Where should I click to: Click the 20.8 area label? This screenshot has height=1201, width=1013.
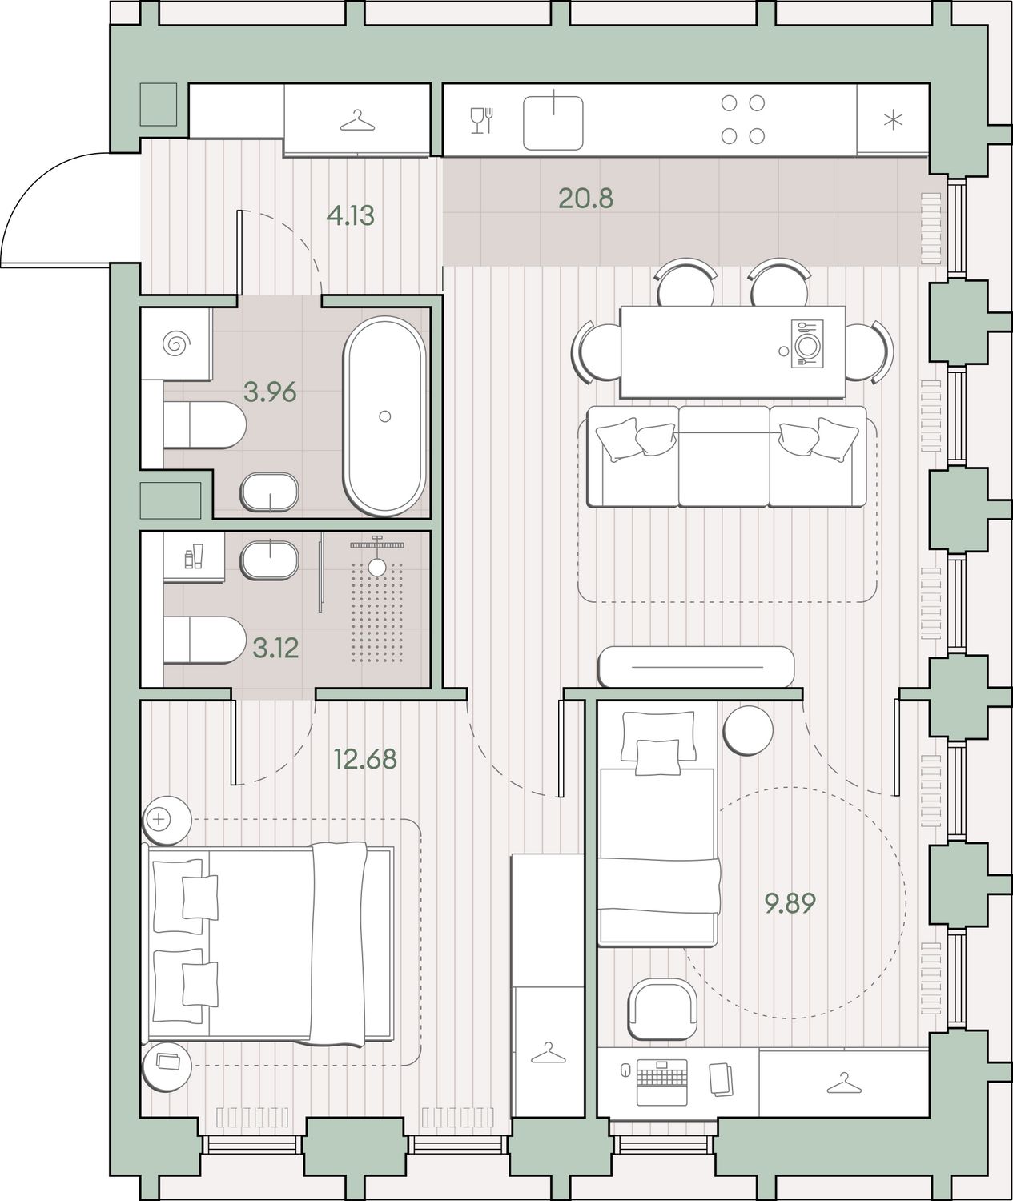(585, 199)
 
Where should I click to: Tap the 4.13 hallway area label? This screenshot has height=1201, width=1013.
(350, 215)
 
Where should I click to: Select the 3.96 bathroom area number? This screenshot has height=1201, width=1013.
(270, 392)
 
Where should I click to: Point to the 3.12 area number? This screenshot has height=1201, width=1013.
(275, 649)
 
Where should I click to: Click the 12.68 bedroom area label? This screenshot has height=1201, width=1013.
(365, 759)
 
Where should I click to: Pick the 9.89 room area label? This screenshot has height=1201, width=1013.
(790, 904)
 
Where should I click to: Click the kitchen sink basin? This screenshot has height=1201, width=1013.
(553, 123)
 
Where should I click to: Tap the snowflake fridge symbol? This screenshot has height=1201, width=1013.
(893, 120)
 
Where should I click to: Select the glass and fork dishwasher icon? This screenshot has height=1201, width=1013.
(482, 120)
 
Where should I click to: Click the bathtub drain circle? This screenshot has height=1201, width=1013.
(385, 416)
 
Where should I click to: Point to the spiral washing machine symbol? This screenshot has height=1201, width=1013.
(176, 344)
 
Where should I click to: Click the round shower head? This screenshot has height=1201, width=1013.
(377, 568)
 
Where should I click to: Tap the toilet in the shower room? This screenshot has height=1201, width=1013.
(204, 641)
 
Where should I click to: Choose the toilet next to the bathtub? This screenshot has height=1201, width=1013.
(204, 426)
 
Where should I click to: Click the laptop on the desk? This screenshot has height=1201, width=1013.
(662, 1082)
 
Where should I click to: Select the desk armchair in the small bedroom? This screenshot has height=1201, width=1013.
(662, 1010)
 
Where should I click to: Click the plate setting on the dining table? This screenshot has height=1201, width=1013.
(807, 343)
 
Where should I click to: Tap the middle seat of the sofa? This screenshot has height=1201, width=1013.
(724, 456)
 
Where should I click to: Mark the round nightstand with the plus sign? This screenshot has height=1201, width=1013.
(167, 820)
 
